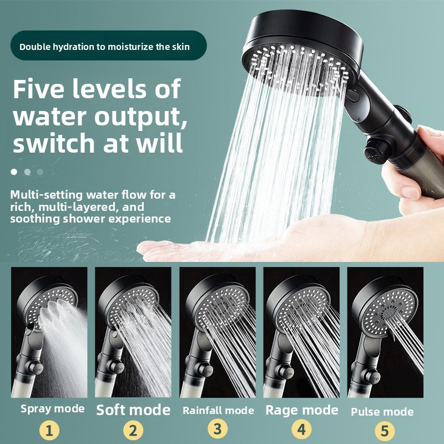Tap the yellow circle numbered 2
(x=133, y=431)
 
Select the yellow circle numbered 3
(x=218, y=430)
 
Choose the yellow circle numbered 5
(x=385, y=431)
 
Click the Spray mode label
(x=53, y=409)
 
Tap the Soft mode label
(x=133, y=410)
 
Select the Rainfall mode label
(x=218, y=411)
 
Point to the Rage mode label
(x=302, y=410)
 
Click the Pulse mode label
(x=382, y=412)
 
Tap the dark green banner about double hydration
(x=104, y=46)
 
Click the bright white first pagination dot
(x=13, y=171)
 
